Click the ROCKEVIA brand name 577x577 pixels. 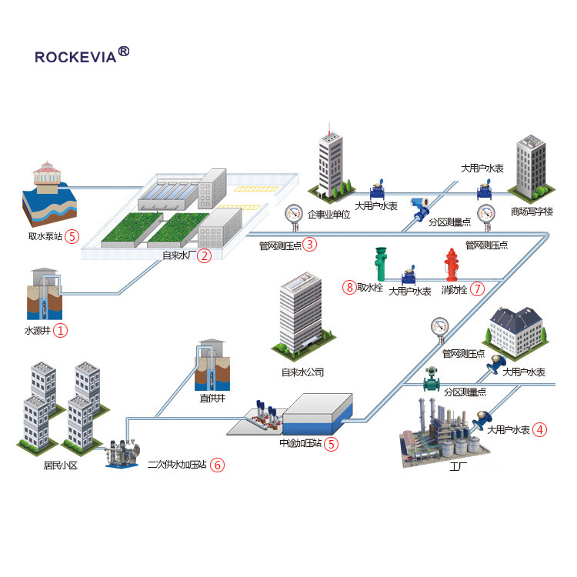pos(75,57)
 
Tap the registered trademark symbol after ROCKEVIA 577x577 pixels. pos(124,52)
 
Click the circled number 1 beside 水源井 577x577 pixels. pos(60,331)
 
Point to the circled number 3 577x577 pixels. pos(309,245)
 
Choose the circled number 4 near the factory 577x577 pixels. pos(541,429)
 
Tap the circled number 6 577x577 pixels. pos(218,465)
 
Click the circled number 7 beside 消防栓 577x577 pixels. pos(478,289)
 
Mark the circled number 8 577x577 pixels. pos(350,288)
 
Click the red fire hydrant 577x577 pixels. pos(452,263)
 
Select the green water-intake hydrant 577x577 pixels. pos(380,263)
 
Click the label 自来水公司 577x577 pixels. pos(302,372)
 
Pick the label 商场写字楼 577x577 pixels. pos(532,212)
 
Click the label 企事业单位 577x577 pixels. pos(329,215)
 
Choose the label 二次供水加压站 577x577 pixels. pos(177,465)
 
